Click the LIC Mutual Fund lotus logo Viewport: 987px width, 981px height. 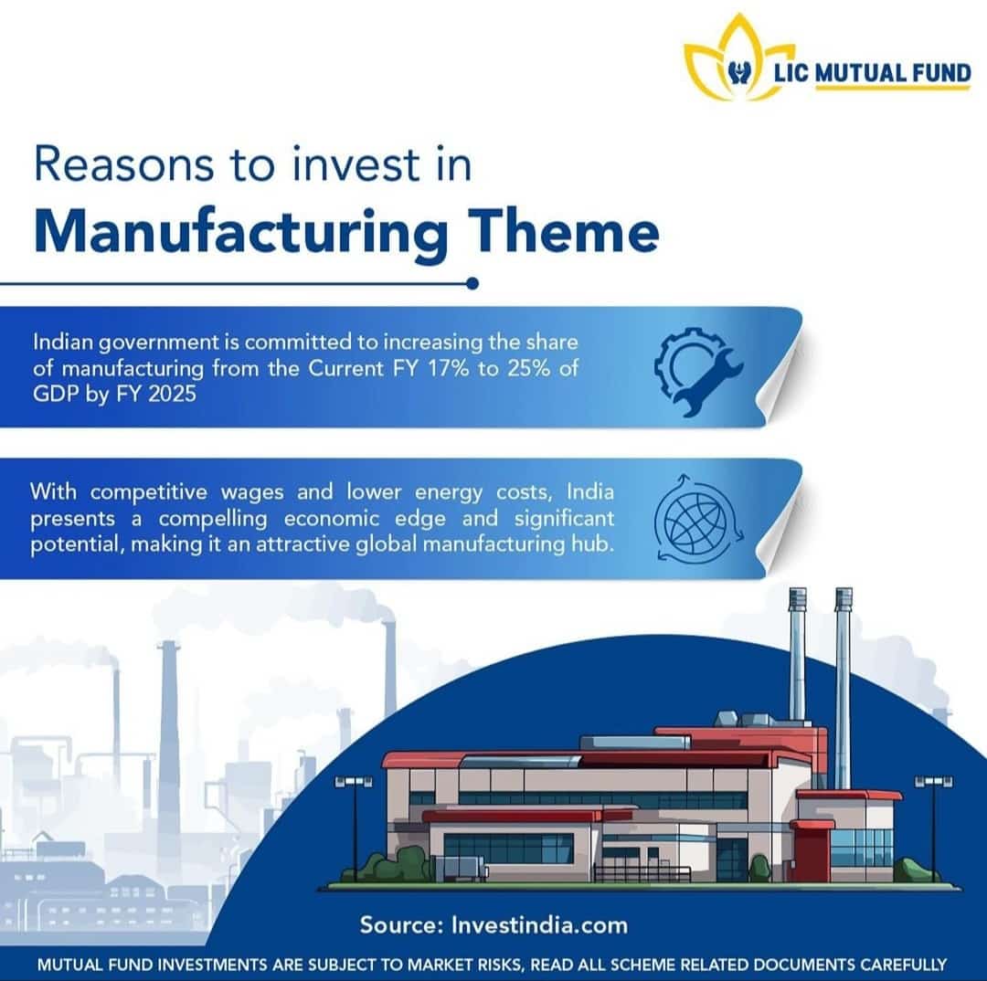(x=738, y=59)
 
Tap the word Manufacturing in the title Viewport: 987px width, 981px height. (x=241, y=233)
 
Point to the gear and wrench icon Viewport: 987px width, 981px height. (x=698, y=371)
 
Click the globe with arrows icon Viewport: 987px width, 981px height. (x=698, y=518)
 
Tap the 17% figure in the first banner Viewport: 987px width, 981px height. (x=448, y=368)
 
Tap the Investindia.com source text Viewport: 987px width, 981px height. (x=539, y=925)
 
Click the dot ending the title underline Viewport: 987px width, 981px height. (x=472, y=284)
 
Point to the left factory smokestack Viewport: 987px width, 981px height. (x=797, y=655)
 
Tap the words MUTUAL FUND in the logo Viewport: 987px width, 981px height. (x=893, y=73)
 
